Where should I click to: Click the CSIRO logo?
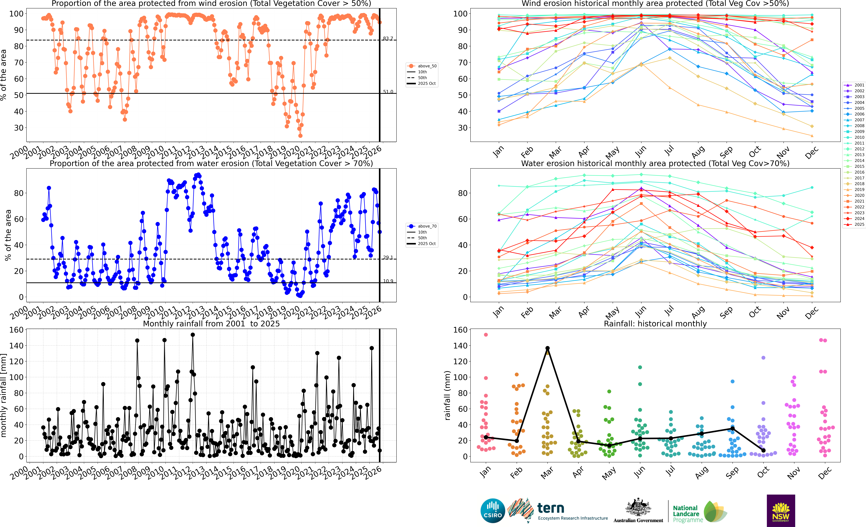(493, 510)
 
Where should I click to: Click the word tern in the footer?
(551, 508)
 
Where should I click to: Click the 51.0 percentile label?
(388, 92)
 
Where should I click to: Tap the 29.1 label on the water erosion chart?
(388, 258)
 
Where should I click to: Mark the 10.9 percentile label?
(388, 281)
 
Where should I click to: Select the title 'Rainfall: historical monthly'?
(655, 324)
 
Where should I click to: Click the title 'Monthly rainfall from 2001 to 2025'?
(211, 324)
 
